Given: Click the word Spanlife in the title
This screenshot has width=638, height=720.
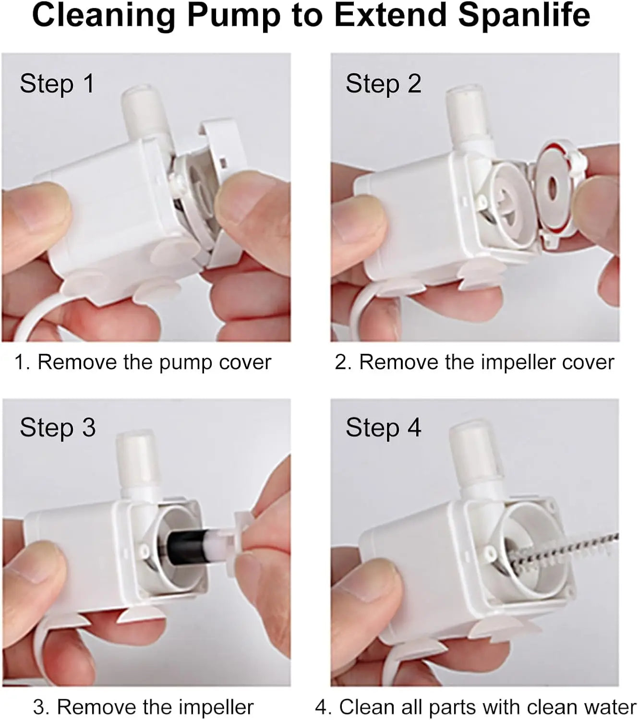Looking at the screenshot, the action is (x=524, y=16).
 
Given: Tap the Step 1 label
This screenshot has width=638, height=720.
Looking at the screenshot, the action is (x=57, y=84).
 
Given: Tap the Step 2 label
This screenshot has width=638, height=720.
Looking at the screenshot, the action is (x=384, y=84).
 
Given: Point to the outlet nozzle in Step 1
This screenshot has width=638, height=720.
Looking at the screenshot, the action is (x=146, y=112).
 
